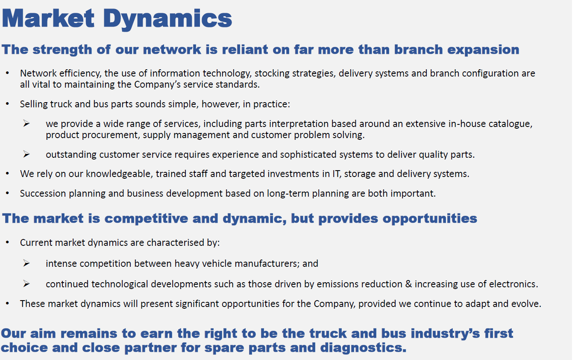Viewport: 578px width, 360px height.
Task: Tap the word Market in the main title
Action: [x=48, y=18]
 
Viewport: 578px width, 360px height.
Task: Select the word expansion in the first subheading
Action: [x=483, y=50]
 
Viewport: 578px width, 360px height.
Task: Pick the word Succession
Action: [x=43, y=193]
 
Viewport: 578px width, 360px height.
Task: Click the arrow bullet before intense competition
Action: [x=26, y=263]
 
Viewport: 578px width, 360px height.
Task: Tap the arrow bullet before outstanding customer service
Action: [x=26, y=154]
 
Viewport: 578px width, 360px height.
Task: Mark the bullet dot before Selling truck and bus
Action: [x=8, y=104]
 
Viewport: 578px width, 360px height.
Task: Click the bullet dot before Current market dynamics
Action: [x=8, y=242]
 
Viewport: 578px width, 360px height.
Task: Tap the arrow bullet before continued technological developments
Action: [x=26, y=284]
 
